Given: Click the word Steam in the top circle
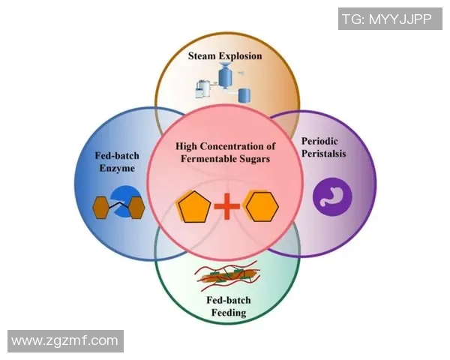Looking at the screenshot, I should coord(204,55).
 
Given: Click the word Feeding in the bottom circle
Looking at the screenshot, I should coord(226,313).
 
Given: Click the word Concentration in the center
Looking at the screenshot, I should coord(235,145).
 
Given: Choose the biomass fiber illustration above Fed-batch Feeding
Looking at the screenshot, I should coord(226,277).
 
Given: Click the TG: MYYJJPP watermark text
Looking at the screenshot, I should coord(386,19).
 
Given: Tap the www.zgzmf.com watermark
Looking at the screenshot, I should coord(65,341).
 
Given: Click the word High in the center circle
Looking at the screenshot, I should coord(187,145).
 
